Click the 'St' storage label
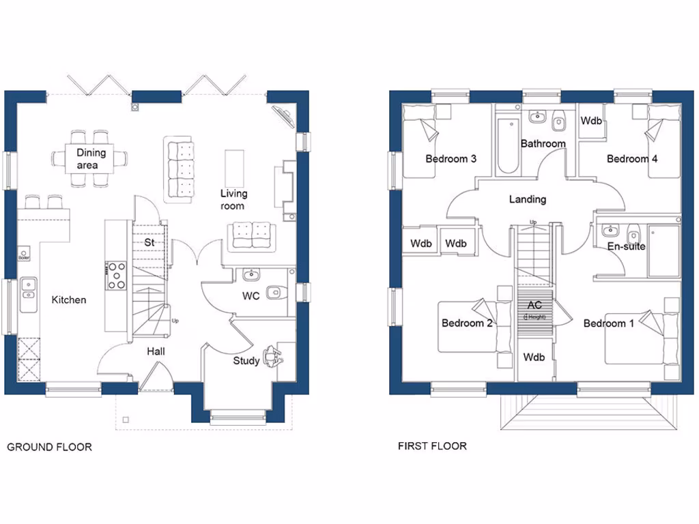point(148,242)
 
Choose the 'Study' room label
point(246,360)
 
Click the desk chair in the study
point(273,355)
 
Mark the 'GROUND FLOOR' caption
point(49,447)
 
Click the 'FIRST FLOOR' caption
point(432,446)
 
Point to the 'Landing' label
point(528,199)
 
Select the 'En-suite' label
point(626,246)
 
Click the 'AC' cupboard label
point(534,306)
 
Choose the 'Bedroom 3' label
point(451,159)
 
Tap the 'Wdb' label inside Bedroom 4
point(591,121)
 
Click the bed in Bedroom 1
point(642,339)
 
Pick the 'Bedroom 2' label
point(467,323)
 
